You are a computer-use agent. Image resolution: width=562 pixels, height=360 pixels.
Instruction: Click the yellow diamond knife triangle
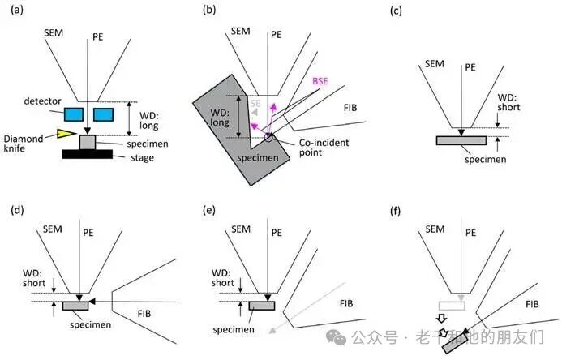pos(65,133)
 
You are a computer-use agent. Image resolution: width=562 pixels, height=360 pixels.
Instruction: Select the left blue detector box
pos(74,114)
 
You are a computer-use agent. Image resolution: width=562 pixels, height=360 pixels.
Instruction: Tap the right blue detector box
pos(104,114)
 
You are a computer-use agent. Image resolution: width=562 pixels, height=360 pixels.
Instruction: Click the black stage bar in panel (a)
pos(88,154)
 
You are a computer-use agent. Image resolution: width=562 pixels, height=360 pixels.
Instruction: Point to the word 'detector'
pos(42,101)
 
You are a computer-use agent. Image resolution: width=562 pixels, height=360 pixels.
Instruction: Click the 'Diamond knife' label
pos(24,144)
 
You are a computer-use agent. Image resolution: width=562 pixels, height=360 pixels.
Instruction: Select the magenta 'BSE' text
pos(320,81)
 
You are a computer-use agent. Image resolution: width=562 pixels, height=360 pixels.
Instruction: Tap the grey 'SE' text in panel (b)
pos(255,104)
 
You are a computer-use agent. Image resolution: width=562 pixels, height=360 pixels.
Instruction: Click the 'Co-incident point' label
pos(324,148)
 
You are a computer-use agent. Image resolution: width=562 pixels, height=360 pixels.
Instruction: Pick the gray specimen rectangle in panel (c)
pos(461,140)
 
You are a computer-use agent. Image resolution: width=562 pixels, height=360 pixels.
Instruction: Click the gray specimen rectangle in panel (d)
pos(75,306)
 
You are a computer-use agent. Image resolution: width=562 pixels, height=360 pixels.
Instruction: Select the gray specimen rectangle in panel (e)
pos(262,306)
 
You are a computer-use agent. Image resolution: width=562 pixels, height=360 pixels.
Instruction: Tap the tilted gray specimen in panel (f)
pos(455,343)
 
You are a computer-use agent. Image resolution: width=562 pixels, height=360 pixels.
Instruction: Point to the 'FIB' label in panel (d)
pos(144,314)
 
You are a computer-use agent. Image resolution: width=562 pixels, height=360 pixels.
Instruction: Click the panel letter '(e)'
pos(209,210)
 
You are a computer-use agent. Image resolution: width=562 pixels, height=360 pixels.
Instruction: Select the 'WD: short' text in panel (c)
pos(508,102)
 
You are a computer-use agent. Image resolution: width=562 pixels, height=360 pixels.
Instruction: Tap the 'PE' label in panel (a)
pos(98,37)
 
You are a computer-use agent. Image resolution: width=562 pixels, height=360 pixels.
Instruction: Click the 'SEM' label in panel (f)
pos(435,229)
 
